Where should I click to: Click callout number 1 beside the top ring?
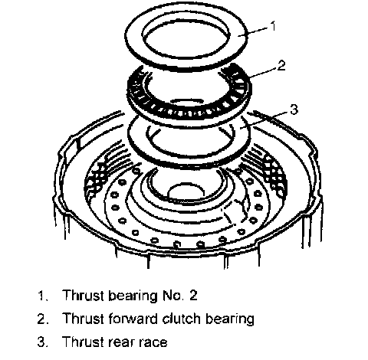tap(273, 26)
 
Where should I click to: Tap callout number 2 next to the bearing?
tap(281, 65)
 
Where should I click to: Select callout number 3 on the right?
tap(294, 110)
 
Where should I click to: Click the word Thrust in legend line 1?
tap(84, 296)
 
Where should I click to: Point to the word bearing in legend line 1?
tap(133, 296)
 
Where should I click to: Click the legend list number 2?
tap(42, 319)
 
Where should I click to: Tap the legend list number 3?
tap(42, 342)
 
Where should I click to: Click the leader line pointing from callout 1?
tap(253, 32)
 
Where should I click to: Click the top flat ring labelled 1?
tap(186, 63)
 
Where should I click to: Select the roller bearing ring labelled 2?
tap(189, 113)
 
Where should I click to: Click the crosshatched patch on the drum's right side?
tap(274, 175)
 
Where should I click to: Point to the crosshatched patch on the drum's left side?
tap(96, 178)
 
